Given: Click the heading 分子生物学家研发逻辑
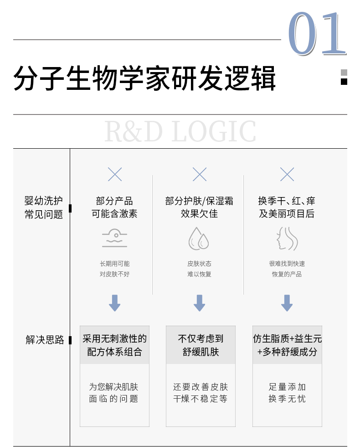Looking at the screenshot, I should [x=144, y=78].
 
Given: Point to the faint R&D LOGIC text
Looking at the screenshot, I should [x=180, y=131].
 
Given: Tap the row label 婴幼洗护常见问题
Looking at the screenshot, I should [x=44, y=208].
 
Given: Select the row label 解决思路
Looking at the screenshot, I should [x=45, y=340].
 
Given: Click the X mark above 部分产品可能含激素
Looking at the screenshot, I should [x=115, y=174].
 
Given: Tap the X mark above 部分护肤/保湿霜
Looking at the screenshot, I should [x=200, y=174].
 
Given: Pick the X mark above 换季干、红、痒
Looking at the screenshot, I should [x=287, y=174].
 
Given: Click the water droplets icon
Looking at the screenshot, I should [x=199, y=239].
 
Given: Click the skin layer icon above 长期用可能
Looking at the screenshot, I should [x=115, y=239].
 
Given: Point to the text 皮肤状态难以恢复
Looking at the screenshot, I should [x=199, y=269].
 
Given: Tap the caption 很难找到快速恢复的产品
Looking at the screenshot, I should [x=287, y=269].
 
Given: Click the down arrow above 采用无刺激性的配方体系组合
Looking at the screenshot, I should [x=115, y=303].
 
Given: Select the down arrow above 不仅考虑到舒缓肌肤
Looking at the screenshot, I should [x=200, y=303].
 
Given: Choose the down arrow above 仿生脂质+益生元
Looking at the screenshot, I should [x=287, y=303].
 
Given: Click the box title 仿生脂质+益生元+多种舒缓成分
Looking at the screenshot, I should [x=287, y=345].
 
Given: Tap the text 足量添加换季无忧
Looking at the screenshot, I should [x=287, y=393].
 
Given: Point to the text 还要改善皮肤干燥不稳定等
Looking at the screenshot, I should [x=201, y=393].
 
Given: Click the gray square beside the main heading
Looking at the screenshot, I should [x=344, y=73].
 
